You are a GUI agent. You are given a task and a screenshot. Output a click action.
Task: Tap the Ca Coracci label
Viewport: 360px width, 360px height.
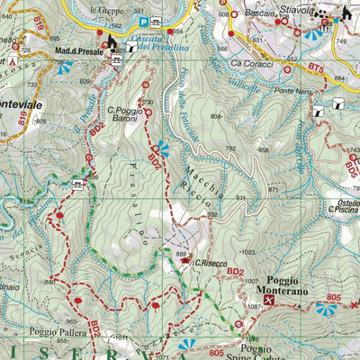click(249, 64)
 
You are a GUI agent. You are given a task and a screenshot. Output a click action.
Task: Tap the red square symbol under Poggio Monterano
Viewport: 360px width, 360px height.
click(268, 301)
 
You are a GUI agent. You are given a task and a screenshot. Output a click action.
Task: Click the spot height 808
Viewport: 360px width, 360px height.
click(216, 117)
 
